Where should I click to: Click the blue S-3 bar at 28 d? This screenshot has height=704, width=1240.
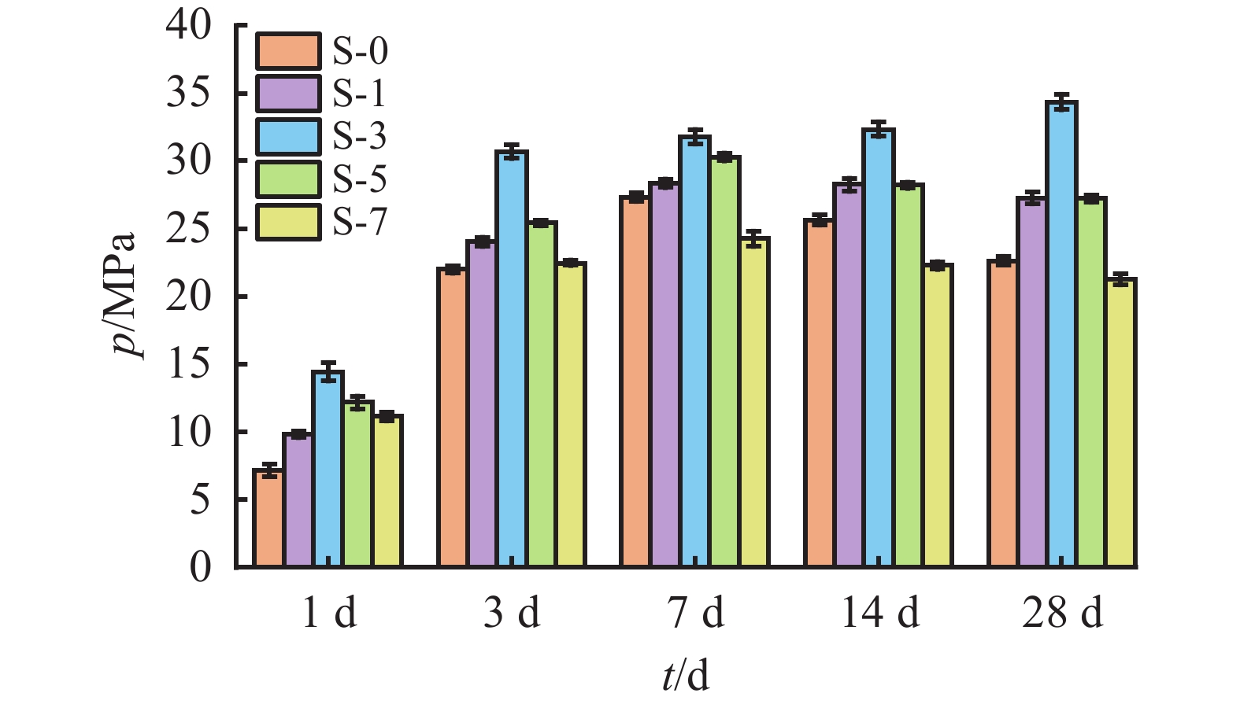[1061, 334]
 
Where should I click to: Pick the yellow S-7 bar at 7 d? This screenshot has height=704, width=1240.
[753, 402]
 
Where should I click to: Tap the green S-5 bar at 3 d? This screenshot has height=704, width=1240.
[542, 394]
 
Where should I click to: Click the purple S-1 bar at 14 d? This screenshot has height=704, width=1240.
[849, 374]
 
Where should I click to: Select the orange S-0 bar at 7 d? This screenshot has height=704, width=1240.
[635, 381]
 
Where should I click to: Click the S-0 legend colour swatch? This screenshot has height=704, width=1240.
[288, 52]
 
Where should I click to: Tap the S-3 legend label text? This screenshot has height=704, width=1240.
[360, 137]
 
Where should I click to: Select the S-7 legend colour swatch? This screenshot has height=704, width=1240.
[288, 222]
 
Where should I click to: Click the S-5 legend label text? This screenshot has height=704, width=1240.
[360, 179]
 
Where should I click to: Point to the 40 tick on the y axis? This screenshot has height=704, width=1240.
[189, 26]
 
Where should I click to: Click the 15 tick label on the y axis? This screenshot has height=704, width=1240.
[189, 365]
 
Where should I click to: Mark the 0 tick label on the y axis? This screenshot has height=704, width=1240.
[200, 567]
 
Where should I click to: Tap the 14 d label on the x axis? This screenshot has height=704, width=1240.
[879, 613]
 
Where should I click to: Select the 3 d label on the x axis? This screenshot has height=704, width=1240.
[512, 613]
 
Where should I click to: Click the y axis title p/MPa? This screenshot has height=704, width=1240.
[124, 295]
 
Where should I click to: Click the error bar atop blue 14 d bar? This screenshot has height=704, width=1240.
[879, 129]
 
